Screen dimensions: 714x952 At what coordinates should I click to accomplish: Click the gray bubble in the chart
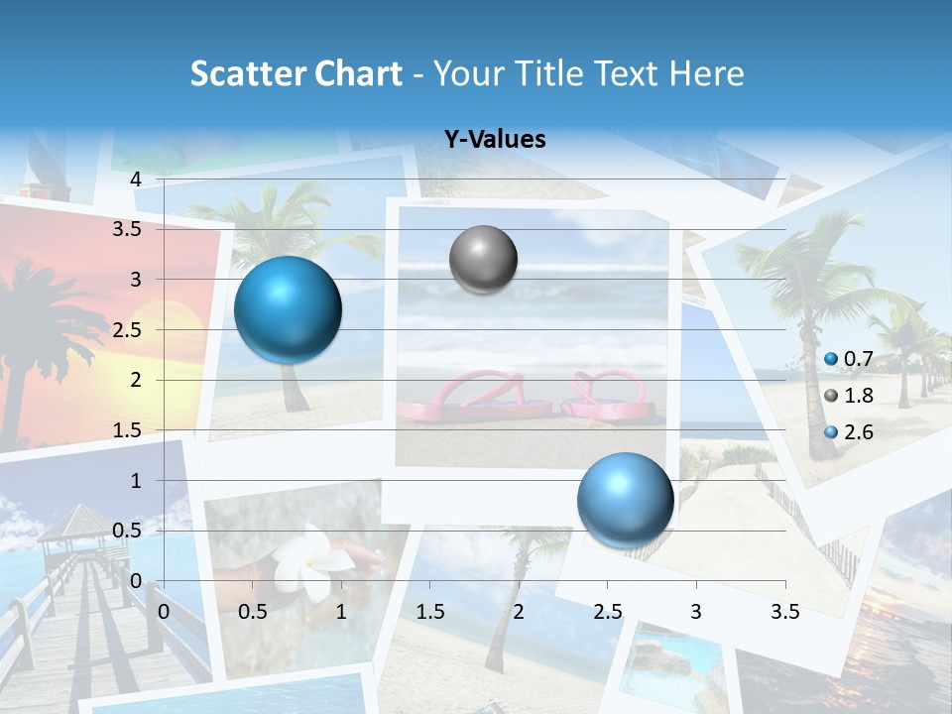483,260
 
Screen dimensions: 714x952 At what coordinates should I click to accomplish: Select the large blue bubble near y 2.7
288,309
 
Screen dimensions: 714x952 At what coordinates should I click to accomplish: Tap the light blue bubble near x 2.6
625,500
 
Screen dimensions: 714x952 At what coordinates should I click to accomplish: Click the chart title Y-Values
494,140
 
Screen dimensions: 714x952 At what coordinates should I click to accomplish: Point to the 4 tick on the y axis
136,179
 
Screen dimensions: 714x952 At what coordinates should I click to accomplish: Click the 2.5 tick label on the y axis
127,330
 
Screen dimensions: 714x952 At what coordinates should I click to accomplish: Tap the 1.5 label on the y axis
127,430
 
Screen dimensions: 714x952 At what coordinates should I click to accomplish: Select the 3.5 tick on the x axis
784,612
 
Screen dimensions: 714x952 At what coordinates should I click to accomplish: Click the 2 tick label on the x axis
519,612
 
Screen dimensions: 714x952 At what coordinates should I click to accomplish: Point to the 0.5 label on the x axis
253,612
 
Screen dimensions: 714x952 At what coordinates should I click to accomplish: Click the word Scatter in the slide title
246,73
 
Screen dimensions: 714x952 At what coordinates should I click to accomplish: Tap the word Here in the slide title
706,73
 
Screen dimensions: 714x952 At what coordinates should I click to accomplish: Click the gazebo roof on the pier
74,521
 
